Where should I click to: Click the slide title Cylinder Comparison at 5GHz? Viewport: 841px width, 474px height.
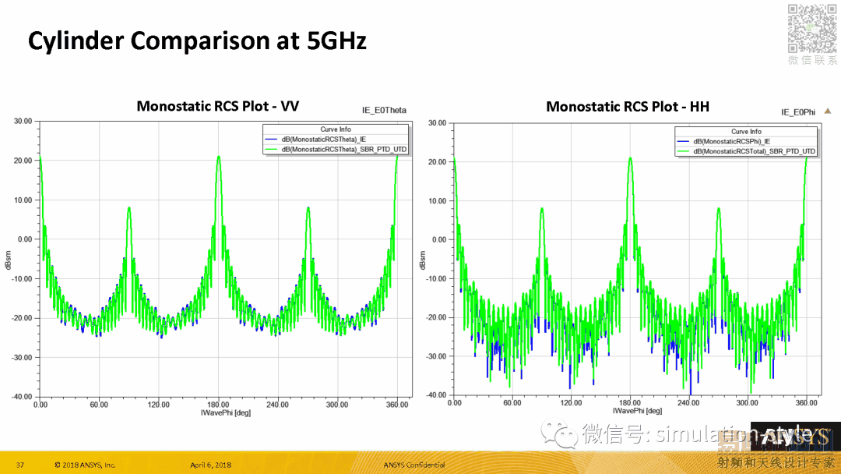click(x=197, y=41)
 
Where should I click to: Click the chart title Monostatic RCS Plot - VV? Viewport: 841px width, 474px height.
click(x=217, y=106)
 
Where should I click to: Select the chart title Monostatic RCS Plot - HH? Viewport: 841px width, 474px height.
click(x=628, y=106)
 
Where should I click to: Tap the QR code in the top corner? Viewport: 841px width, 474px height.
click(x=811, y=27)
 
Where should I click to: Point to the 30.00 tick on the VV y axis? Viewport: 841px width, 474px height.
click(x=23, y=122)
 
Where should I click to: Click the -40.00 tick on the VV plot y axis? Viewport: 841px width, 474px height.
click(x=22, y=397)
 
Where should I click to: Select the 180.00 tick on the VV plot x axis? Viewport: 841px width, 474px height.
click(x=218, y=405)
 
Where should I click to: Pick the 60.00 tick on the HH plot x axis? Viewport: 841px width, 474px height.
click(x=512, y=403)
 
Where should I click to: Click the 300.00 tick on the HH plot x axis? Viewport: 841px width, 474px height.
click(x=748, y=403)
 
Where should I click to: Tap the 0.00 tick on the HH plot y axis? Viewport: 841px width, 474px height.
click(x=439, y=239)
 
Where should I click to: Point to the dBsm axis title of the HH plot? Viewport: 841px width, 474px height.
click(x=423, y=260)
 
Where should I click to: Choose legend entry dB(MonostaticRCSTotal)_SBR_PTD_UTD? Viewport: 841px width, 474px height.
click(x=754, y=150)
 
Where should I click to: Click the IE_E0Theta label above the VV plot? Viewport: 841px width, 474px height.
click(x=384, y=111)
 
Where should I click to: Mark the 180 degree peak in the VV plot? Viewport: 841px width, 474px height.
click(x=219, y=157)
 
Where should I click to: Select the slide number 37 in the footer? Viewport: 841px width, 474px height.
click(x=20, y=465)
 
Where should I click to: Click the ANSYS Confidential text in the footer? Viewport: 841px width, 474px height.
click(x=414, y=465)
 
